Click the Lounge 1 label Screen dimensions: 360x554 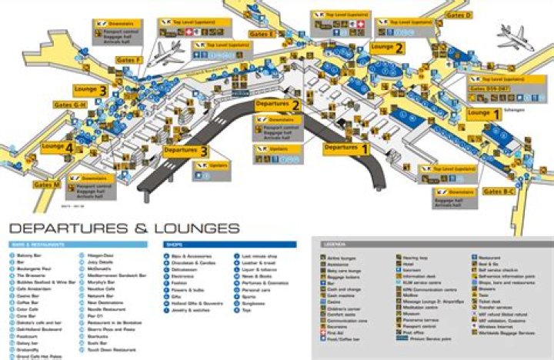coord(485,113)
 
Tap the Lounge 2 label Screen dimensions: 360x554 coord(388,48)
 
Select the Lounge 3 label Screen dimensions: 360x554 coord(91,89)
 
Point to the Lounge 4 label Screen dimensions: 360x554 coord(58,146)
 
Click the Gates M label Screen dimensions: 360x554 coord(47,184)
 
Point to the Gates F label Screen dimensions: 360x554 coord(128,60)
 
